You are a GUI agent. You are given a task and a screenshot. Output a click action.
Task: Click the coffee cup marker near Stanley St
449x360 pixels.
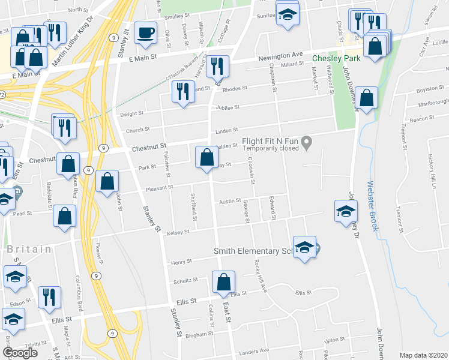(x=145, y=34)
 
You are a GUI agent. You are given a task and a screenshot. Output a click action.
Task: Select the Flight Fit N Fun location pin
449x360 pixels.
(x=307, y=143)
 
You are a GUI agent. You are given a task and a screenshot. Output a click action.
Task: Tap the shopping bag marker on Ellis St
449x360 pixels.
(x=223, y=283)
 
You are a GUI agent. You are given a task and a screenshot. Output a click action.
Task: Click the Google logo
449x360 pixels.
(x=19, y=353)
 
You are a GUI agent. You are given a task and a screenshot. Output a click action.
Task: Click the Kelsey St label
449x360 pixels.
(x=179, y=232)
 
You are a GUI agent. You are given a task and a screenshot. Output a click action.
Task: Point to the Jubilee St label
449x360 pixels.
(x=228, y=107)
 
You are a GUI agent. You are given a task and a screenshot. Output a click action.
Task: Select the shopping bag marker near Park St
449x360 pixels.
(x=206, y=158)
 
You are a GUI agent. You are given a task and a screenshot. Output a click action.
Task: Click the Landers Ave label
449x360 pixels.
(x=254, y=352)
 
